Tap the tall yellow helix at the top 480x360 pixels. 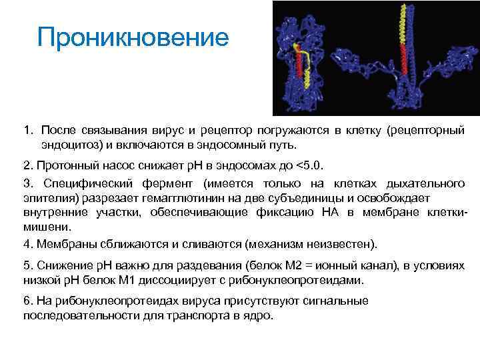pos(401,23)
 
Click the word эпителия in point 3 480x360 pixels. pos(47,198)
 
